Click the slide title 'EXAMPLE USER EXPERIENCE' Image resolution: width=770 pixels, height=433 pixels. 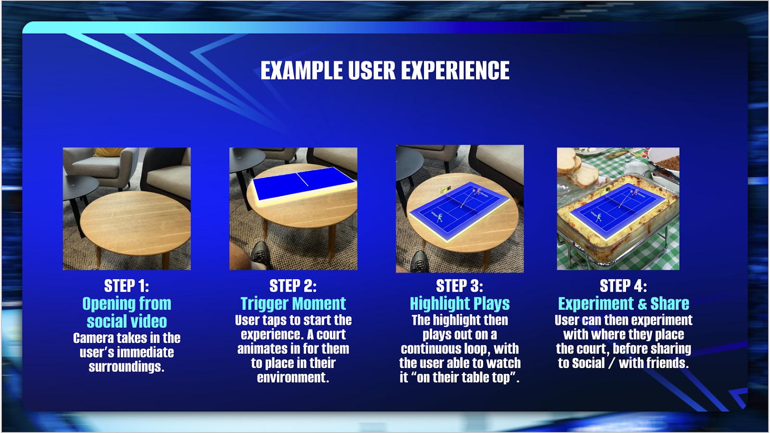pos(385,70)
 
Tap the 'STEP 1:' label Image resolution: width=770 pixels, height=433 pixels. pos(127,286)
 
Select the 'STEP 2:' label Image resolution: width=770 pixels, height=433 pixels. pos(293,286)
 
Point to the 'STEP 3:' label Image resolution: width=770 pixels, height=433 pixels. pos(460,286)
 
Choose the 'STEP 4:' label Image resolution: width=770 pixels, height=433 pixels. pos(623,286)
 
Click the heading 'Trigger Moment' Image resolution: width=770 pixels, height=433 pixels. pos(293,304)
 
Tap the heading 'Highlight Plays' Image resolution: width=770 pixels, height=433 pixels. pos(460,304)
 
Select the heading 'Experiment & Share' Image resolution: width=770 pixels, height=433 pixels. pos(623,304)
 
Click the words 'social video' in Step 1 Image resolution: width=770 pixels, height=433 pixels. pos(127,321)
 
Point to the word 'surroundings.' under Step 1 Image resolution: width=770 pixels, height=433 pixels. pos(127,367)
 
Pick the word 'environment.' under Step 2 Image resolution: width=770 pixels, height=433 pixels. pos(293,377)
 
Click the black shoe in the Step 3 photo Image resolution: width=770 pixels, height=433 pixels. pos(419,262)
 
